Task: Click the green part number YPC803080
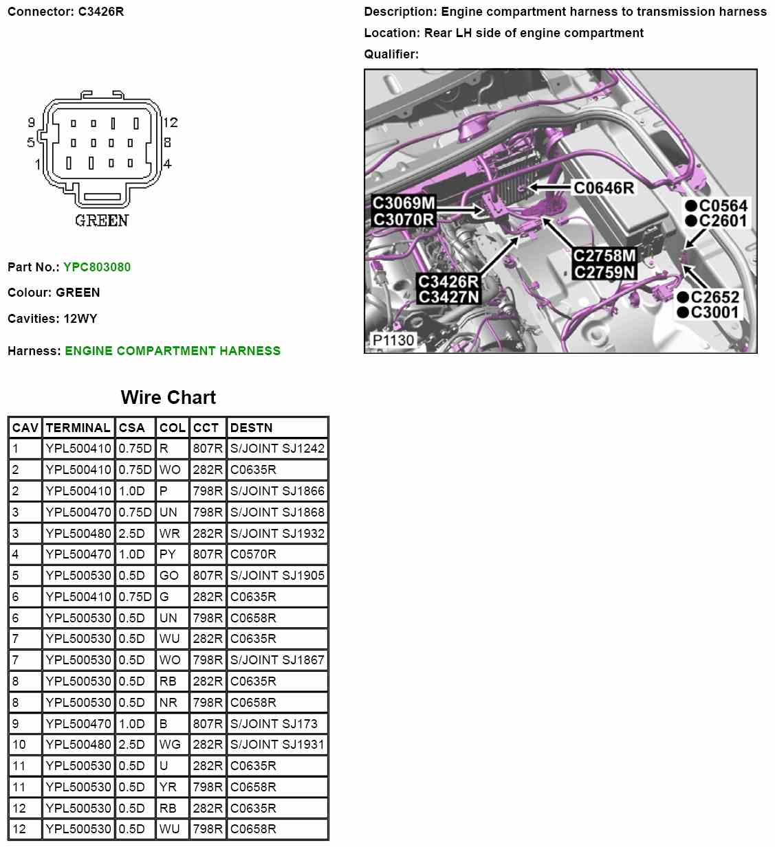pyautogui.click(x=97, y=267)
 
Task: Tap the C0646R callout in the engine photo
pyautogui.click(x=604, y=188)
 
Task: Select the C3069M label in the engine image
pyautogui.click(x=404, y=203)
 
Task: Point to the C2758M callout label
pyautogui.click(x=604, y=256)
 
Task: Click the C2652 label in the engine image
pyautogui.click(x=714, y=297)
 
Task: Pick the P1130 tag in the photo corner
pyautogui.click(x=393, y=340)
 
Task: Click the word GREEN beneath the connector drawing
pyautogui.click(x=102, y=221)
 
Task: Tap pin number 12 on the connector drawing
pyautogui.click(x=171, y=123)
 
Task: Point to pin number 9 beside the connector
pyautogui.click(x=31, y=123)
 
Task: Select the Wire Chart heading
pyautogui.click(x=168, y=398)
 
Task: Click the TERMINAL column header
pyautogui.click(x=78, y=428)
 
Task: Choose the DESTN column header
pyautogui.click(x=252, y=428)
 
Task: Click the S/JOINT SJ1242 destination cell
pyautogui.click(x=277, y=449)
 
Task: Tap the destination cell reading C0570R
pyautogui.click(x=254, y=554)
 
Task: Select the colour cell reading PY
pyautogui.click(x=168, y=554)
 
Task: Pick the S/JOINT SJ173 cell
pyautogui.click(x=274, y=723)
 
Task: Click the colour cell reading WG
pyautogui.click(x=170, y=745)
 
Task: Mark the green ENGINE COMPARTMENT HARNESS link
pyautogui.click(x=173, y=351)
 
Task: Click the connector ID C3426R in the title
pyautogui.click(x=100, y=12)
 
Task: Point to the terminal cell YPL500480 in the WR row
pyautogui.click(x=78, y=533)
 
